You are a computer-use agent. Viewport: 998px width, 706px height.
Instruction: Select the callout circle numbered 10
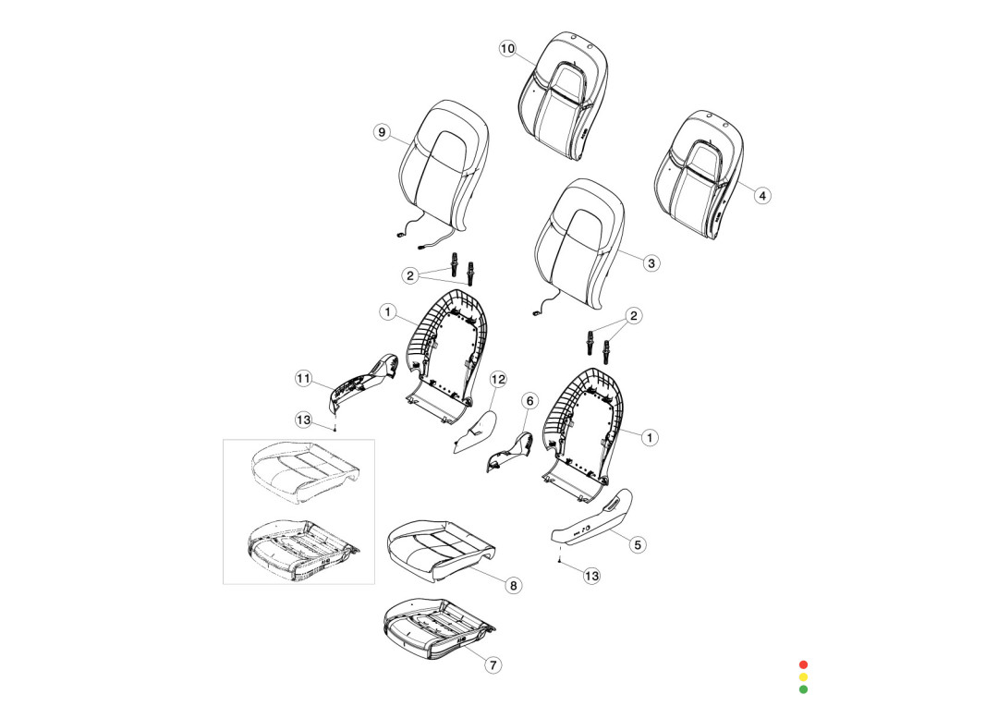click(x=507, y=49)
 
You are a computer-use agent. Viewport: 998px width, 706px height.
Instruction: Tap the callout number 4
click(x=762, y=195)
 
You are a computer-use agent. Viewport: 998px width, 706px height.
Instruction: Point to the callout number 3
click(x=651, y=263)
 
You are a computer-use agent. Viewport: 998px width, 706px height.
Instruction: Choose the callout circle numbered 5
click(x=638, y=544)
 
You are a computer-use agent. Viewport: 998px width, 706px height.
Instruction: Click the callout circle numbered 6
click(x=529, y=401)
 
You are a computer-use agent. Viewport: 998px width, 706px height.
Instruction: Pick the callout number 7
click(x=493, y=663)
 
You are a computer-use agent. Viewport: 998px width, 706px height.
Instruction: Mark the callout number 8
click(x=514, y=585)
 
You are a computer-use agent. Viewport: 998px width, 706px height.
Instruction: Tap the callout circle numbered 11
click(x=303, y=377)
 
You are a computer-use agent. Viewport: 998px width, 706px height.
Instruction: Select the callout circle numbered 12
click(x=498, y=379)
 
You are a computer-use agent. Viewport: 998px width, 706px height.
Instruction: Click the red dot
click(x=803, y=664)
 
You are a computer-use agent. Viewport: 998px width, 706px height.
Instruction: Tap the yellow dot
click(x=803, y=676)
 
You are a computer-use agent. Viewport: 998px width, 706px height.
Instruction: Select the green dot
click(x=803, y=688)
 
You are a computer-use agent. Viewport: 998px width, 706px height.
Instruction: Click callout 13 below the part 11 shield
click(x=304, y=420)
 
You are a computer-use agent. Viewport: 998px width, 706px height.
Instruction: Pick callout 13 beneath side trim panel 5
click(x=591, y=576)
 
